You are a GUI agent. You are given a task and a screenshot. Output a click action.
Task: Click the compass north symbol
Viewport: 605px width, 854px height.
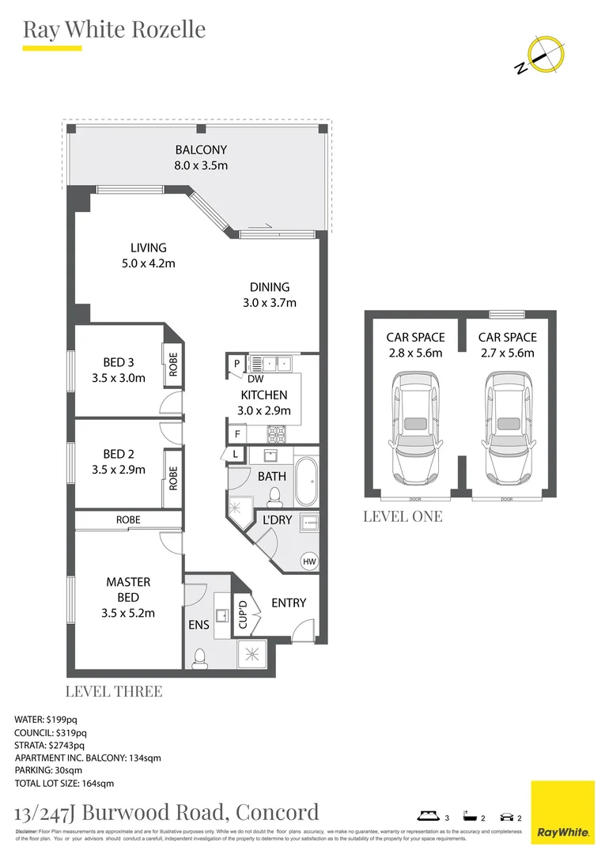pos(545,55)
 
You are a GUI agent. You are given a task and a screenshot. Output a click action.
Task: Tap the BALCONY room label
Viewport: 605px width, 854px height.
pos(200,149)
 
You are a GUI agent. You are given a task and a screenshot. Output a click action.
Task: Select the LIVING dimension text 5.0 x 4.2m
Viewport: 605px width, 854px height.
pos(148,263)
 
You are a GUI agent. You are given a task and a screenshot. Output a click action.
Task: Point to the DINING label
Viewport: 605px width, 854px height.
pos(270,287)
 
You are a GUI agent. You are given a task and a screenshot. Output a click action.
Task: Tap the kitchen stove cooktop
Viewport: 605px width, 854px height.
pos(278,433)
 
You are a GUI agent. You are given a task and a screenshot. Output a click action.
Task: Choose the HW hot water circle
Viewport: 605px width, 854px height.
pos(308,561)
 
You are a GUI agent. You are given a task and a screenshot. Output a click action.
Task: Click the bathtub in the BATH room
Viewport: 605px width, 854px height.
pos(305,481)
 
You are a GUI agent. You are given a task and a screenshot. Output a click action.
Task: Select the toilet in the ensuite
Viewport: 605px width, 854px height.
pos(200,656)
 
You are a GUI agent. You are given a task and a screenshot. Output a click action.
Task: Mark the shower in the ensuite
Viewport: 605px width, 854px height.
pos(252,654)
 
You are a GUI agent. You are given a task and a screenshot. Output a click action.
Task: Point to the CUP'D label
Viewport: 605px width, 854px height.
pos(243,615)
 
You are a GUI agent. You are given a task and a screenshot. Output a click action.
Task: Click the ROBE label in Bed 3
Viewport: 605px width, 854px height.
pos(173,365)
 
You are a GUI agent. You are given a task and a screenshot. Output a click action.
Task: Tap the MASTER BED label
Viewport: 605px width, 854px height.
pos(128,589)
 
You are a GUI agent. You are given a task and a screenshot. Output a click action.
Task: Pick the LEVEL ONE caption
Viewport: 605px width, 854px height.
pos(403,516)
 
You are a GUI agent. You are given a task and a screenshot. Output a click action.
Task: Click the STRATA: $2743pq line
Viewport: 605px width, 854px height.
pos(50,745)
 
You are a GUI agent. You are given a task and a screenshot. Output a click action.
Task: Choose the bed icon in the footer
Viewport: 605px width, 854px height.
pos(429,817)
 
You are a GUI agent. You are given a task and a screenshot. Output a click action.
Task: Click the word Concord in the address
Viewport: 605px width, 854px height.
pos(278,811)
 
